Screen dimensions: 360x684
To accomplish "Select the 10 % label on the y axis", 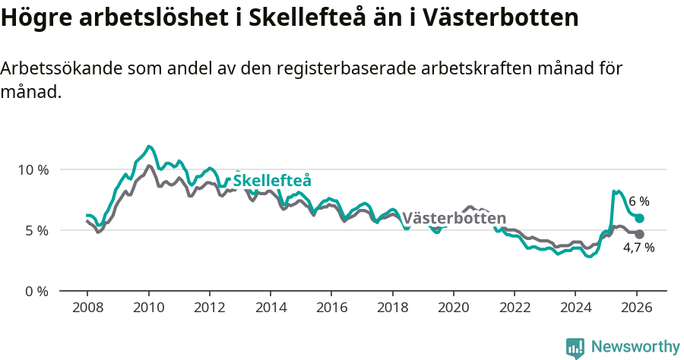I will point(33,169).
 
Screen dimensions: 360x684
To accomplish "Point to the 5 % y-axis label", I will point(36,230).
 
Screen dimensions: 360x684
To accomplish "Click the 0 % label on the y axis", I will point(36,291).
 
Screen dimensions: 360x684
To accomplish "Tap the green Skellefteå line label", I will point(271,181).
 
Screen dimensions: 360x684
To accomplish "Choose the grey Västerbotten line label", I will point(454,219).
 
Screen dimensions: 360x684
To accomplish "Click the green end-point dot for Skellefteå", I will point(640,218).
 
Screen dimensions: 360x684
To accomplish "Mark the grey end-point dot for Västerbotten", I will point(640,234).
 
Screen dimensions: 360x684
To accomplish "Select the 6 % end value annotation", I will point(639,201).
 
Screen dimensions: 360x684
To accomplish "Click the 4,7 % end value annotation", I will point(639,248).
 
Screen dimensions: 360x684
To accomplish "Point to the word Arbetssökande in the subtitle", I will point(61,68).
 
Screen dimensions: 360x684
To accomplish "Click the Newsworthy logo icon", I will point(575,348).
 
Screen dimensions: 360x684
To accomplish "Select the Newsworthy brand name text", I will point(635,347).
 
